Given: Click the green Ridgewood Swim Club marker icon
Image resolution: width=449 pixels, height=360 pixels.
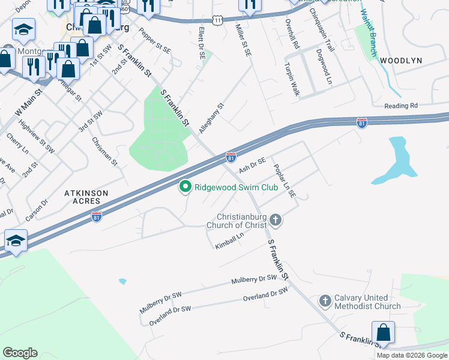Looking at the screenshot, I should click(x=185, y=187).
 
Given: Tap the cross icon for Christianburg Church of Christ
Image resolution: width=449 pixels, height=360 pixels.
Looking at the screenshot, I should click(x=276, y=220).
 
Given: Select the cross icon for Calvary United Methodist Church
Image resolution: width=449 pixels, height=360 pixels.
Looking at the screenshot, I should click(x=325, y=301).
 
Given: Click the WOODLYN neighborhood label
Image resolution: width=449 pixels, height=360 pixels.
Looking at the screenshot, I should click(x=401, y=61).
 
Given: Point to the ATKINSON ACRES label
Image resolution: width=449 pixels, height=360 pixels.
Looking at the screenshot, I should click(x=86, y=197).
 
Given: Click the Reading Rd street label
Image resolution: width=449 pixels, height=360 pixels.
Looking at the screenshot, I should click(x=400, y=106).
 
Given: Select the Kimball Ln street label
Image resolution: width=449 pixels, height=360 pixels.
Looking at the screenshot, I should click(x=230, y=241).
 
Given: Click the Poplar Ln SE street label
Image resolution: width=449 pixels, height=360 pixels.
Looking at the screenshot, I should click(x=285, y=181).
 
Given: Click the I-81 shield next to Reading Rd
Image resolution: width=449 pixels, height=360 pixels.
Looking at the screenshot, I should click(x=361, y=123).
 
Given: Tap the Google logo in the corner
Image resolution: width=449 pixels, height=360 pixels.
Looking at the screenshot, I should click(x=20, y=353).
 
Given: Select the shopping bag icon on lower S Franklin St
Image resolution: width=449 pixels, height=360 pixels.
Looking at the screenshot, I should click(x=383, y=332).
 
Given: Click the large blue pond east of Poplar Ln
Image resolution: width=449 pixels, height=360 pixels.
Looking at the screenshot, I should click(x=394, y=160).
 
